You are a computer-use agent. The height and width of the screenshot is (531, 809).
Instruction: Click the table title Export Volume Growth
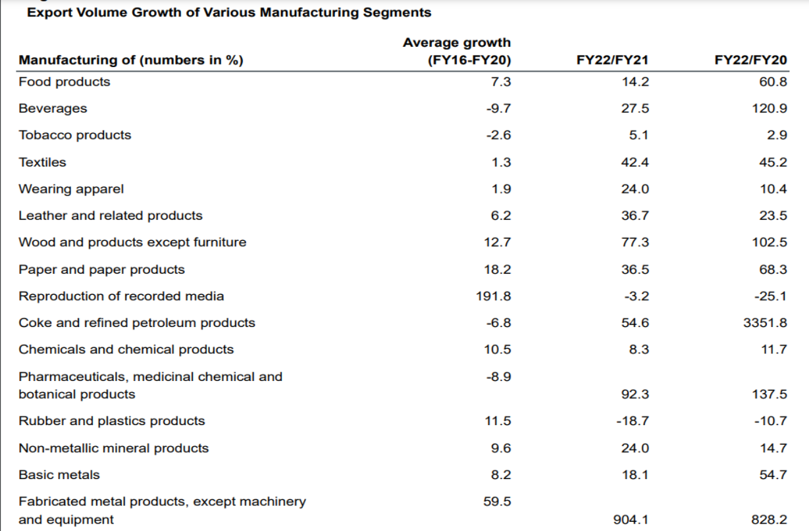(229, 13)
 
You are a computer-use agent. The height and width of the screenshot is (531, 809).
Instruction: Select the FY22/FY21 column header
(612, 61)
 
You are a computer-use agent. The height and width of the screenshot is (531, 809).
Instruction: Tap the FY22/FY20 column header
(750, 61)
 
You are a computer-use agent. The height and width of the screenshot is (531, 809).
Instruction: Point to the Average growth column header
(456, 51)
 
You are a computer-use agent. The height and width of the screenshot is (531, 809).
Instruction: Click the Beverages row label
(53, 108)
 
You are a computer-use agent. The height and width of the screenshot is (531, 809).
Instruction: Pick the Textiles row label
(42, 161)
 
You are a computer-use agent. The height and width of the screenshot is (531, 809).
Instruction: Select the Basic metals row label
(59, 474)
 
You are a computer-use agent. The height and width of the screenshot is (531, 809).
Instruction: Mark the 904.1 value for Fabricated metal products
(631, 520)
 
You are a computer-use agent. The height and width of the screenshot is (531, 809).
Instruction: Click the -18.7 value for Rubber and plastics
(635, 420)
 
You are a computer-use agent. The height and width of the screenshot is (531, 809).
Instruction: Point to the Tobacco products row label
(74, 135)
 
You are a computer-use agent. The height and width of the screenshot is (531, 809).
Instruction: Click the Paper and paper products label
(101, 269)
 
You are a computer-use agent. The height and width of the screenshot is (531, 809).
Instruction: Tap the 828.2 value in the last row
(770, 520)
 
